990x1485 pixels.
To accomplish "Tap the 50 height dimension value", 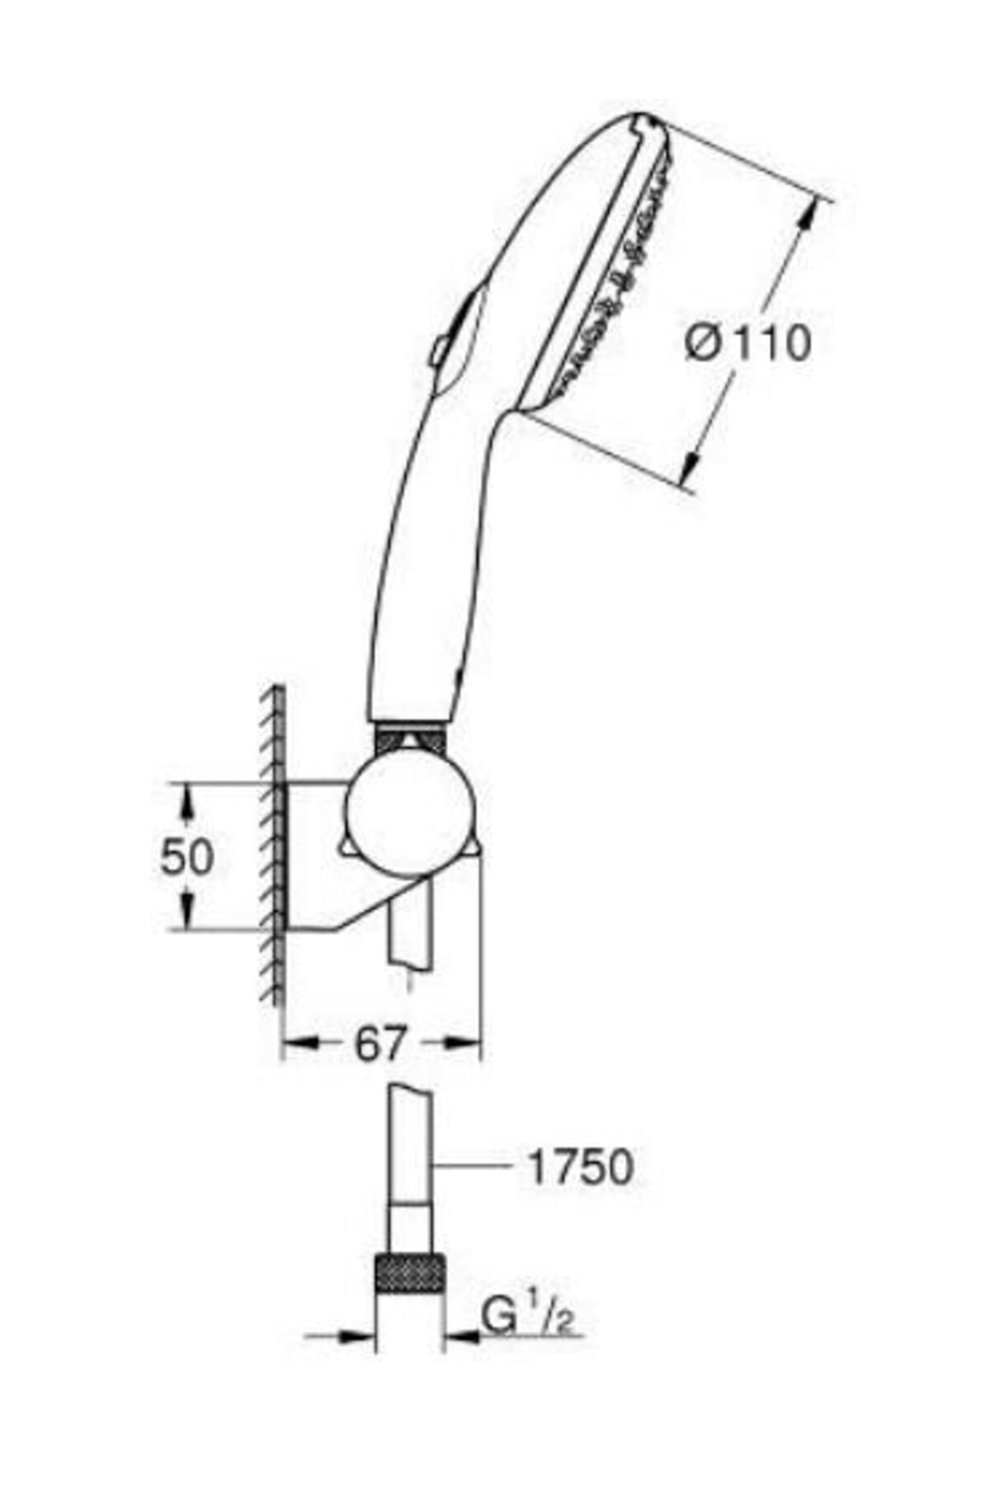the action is coord(186,857).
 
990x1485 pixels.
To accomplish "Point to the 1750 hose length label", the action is coord(581,1167).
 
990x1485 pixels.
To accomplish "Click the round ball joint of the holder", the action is coord(409,812).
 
